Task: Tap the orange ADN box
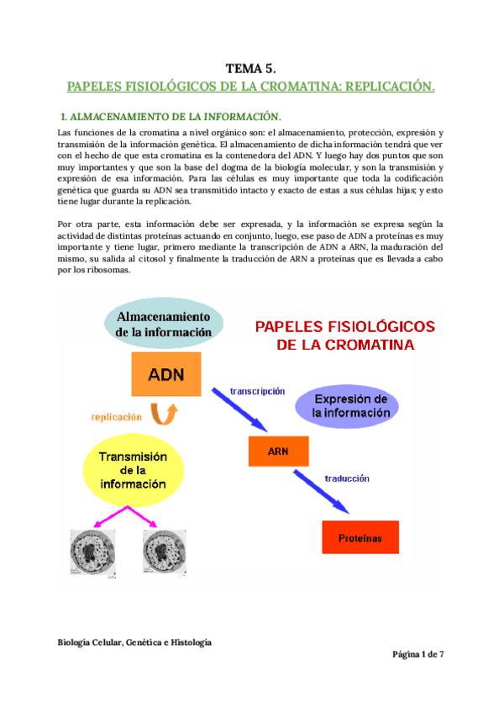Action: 166,373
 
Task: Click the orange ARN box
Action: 278,452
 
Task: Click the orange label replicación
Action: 115,415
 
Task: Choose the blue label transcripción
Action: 257,390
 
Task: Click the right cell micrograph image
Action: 167,551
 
